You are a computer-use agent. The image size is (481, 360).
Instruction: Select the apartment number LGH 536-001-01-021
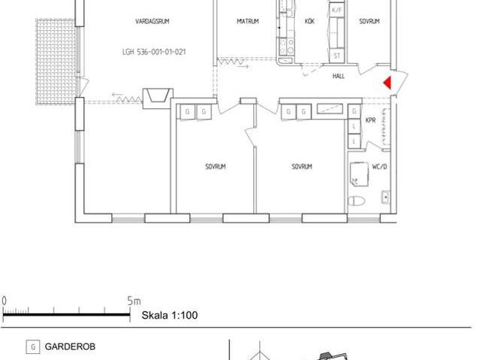pyautogui.click(x=153, y=53)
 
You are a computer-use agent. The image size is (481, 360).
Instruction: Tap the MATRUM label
pyautogui.click(x=247, y=22)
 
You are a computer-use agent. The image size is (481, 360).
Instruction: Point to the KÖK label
pyautogui.click(x=310, y=22)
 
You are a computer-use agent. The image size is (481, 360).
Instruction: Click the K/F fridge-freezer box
pyautogui.click(x=337, y=11)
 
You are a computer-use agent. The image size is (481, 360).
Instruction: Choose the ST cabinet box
pyautogui.click(x=337, y=56)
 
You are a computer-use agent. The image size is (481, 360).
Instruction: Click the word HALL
pyautogui.click(x=338, y=76)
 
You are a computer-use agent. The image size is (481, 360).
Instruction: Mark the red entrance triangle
pyautogui.click(x=388, y=83)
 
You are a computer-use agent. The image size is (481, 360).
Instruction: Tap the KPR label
pyautogui.click(x=371, y=120)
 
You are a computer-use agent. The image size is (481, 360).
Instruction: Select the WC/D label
pyautogui.click(x=380, y=166)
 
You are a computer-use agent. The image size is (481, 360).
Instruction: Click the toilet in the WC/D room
pyautogui.click(x=357, y=200)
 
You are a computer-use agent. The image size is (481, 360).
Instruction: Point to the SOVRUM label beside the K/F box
pyautogui.click(x=369, y=22)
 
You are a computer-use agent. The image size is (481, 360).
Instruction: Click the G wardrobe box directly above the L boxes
pyautogui.click(x=354, y=112)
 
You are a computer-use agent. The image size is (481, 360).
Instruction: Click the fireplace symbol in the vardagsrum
pyautogui.click(x=157, y=96)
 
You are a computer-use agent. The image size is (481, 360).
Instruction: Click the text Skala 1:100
pyautogui.click(x=170, y=315)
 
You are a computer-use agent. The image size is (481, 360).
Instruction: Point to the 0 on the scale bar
pyautogui.click(x=4, y=301)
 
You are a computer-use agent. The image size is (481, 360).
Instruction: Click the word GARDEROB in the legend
pyautogui.click(x=70, y=347)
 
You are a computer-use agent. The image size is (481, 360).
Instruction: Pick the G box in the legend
pyautogui.click(x=32, y=347)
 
